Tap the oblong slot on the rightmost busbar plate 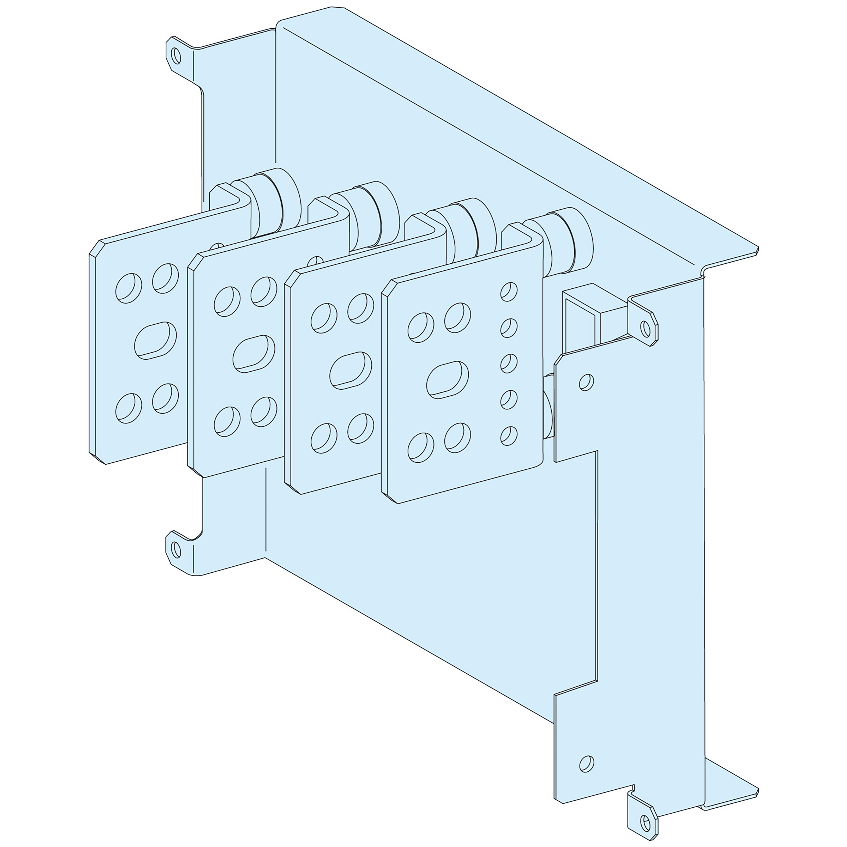point(447,380)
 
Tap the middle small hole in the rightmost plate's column point(509,363)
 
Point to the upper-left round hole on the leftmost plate point(129,288)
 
